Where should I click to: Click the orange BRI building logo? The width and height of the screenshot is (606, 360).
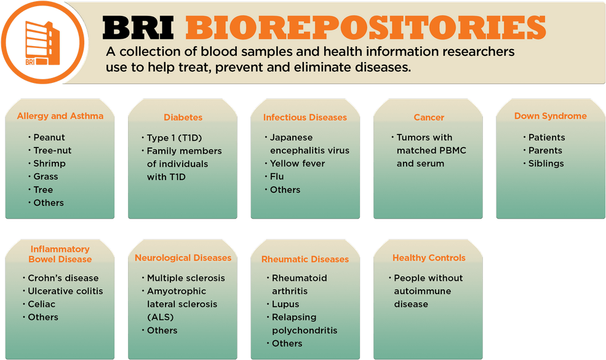pyautogui.click(x=42, y=42)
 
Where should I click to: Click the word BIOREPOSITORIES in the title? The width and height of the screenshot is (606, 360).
pyautogui.click(x=365, y=28)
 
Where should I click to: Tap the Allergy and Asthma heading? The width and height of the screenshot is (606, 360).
pyautogui.click(x=60, y=115)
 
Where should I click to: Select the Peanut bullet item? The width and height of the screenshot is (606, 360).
pyautogui.click(x=49, y=138)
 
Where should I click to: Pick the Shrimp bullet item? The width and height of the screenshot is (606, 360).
pyautogui.click(x=49, y=163)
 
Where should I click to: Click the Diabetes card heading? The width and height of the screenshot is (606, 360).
pyautogui.click(x=183, y=117)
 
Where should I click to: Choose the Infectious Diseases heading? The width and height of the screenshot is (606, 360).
pyautogui.click(x=305, y=117)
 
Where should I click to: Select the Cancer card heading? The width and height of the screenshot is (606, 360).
pyautogui.click(x=429, y=117)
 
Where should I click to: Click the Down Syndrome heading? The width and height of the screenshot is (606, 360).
pyautogui.click(x=551, y=116)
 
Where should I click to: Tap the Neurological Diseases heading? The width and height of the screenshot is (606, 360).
pyautogui.click(x=183, y=258)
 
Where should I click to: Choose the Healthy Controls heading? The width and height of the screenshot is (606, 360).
pyautogui.click(x=429, y=258)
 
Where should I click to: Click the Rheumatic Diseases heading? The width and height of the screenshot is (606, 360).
pyautogui.click(x=305, y=259)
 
